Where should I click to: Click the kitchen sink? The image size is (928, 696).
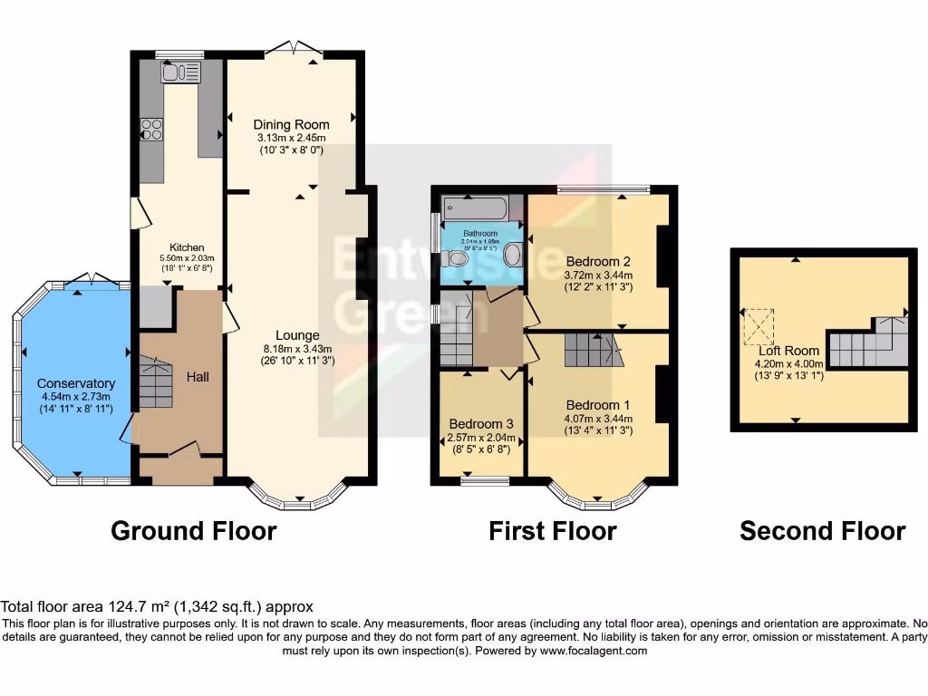click(181, 72)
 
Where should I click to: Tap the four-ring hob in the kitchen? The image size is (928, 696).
click(150, 130)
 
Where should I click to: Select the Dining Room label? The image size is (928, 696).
click(291, 124)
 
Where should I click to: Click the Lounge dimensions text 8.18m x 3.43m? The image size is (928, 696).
click(291, 348)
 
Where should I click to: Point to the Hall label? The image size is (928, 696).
click(198, 375)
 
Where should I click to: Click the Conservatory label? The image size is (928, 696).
click(77, 383)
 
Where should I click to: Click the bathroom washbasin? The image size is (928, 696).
click(513, 254)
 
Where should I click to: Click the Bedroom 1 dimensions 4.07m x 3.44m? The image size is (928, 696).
click(598, 419)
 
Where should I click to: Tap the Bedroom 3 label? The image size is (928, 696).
click(481, 424)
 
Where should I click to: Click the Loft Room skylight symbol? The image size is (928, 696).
click(760, 326)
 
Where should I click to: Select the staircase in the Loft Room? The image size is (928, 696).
click(868, 343)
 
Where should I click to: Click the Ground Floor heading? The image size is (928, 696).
click(193, 530)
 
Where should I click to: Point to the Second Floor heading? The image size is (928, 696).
click(822, 530)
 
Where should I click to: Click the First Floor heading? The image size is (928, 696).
click(553, 530)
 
